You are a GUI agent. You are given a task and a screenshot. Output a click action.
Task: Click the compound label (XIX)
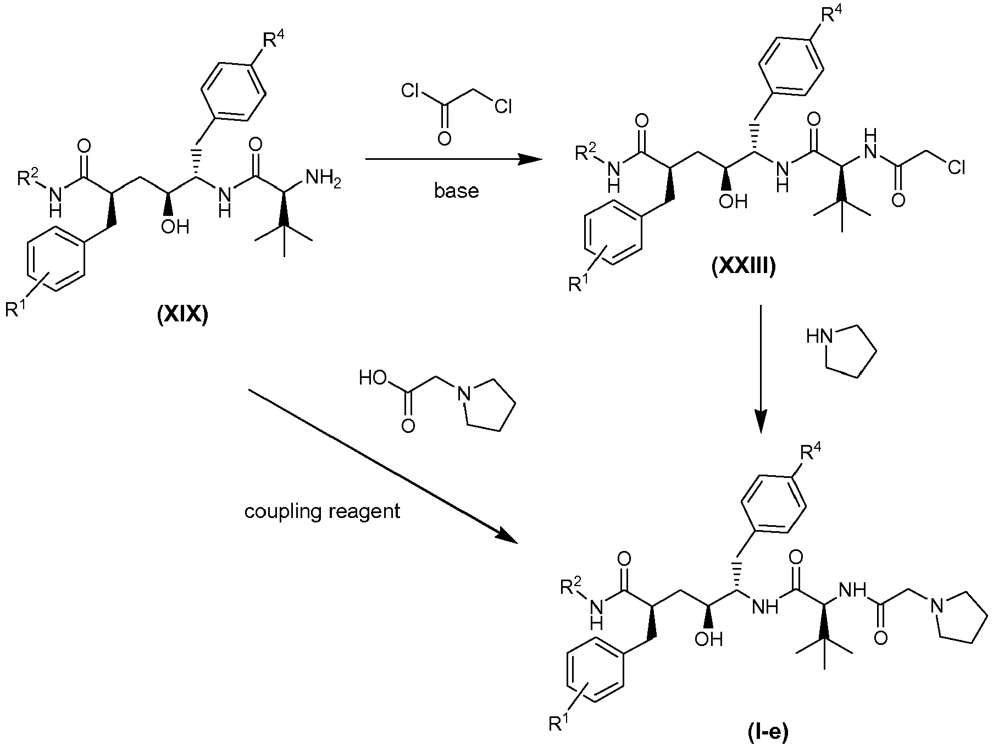click(182, 317)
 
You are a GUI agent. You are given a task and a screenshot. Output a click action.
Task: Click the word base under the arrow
click(456, 191)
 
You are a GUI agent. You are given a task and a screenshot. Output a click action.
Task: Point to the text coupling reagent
click(323, 511)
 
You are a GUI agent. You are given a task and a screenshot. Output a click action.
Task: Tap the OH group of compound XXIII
click(734, 201)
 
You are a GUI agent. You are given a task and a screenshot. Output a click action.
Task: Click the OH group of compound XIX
click(174, 226)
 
